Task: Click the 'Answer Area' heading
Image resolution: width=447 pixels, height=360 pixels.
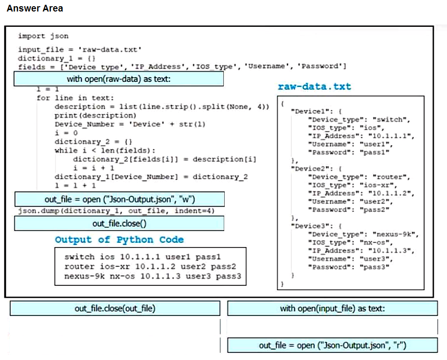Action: click(35, 8)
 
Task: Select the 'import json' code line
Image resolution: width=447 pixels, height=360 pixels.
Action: click(43, 36)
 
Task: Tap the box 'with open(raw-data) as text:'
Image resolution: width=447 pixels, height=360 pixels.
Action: click(119, 79)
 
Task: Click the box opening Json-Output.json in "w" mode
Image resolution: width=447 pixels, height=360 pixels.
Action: click(119, 199)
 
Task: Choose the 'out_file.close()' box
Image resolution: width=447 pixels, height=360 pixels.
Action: click(119, 223)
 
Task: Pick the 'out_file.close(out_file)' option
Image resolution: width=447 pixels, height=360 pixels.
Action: click(115, 308)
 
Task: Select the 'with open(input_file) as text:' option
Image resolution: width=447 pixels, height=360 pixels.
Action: click(332, 308)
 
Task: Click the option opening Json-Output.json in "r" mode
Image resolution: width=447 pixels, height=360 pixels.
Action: click(332, 345)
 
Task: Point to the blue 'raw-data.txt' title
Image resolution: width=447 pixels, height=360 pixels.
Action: click(314, 86)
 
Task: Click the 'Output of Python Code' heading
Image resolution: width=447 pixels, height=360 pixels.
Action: click(119, 240)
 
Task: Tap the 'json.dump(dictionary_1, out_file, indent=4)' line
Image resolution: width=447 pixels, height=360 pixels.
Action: click(116, 211)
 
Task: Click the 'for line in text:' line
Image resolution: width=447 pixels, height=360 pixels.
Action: click(75, 98)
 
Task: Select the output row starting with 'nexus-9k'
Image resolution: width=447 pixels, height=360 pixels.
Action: click(152, 276)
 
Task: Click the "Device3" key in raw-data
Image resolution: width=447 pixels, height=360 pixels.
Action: click(310, 226)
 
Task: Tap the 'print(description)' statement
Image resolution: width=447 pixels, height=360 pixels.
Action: click(95, 116)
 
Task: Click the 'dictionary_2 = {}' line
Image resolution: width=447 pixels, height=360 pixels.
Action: click(93, 142)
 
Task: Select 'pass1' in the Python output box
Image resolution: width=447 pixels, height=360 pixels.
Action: click(208, 257)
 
